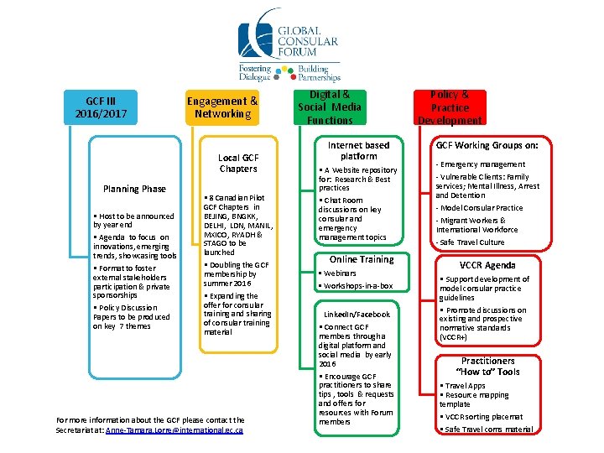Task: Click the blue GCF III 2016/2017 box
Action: point(101,107)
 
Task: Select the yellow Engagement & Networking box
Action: point(222,107)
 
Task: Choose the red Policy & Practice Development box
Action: point(450,107)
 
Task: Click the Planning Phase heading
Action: point(134,189)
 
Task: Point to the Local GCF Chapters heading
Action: point(238,163)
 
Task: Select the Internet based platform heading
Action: point(358,150)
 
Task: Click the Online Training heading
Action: point(362,259)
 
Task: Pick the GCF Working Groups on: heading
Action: point(487,145)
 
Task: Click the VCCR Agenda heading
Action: point(487,265)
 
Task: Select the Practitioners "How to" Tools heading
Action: point(487,366)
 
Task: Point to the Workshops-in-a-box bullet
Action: point(357,286)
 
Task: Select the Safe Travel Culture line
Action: point(471,242)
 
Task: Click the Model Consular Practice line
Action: point(481,208)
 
